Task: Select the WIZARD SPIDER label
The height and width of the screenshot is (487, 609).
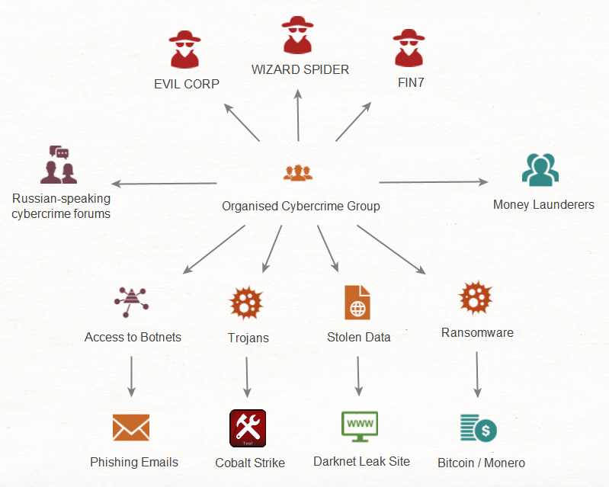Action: coord(300,69)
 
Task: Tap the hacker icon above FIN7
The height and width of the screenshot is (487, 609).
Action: coord(409,50)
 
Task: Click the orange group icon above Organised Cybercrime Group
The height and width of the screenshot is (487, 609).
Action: coord(298,172)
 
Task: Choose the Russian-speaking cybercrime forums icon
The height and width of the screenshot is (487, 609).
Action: coord(59,165)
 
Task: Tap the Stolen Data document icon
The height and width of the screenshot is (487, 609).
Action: coord(357,302)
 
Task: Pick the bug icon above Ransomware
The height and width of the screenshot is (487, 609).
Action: coord(476,298)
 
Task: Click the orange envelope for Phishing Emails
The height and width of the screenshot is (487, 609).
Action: coord(131,428)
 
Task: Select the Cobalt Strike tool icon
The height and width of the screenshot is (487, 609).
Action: coord(248,428)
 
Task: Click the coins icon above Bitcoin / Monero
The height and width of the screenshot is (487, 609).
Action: coord(478,428)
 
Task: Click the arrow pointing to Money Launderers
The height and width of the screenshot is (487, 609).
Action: coord(433,182)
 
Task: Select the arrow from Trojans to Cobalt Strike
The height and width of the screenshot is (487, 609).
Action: coord(246,376)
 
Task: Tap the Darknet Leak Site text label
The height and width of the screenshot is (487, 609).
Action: coord(361,461)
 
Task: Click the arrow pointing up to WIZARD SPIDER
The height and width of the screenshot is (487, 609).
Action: coord(298,114)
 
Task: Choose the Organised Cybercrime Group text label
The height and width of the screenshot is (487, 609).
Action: coord(300,206)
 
